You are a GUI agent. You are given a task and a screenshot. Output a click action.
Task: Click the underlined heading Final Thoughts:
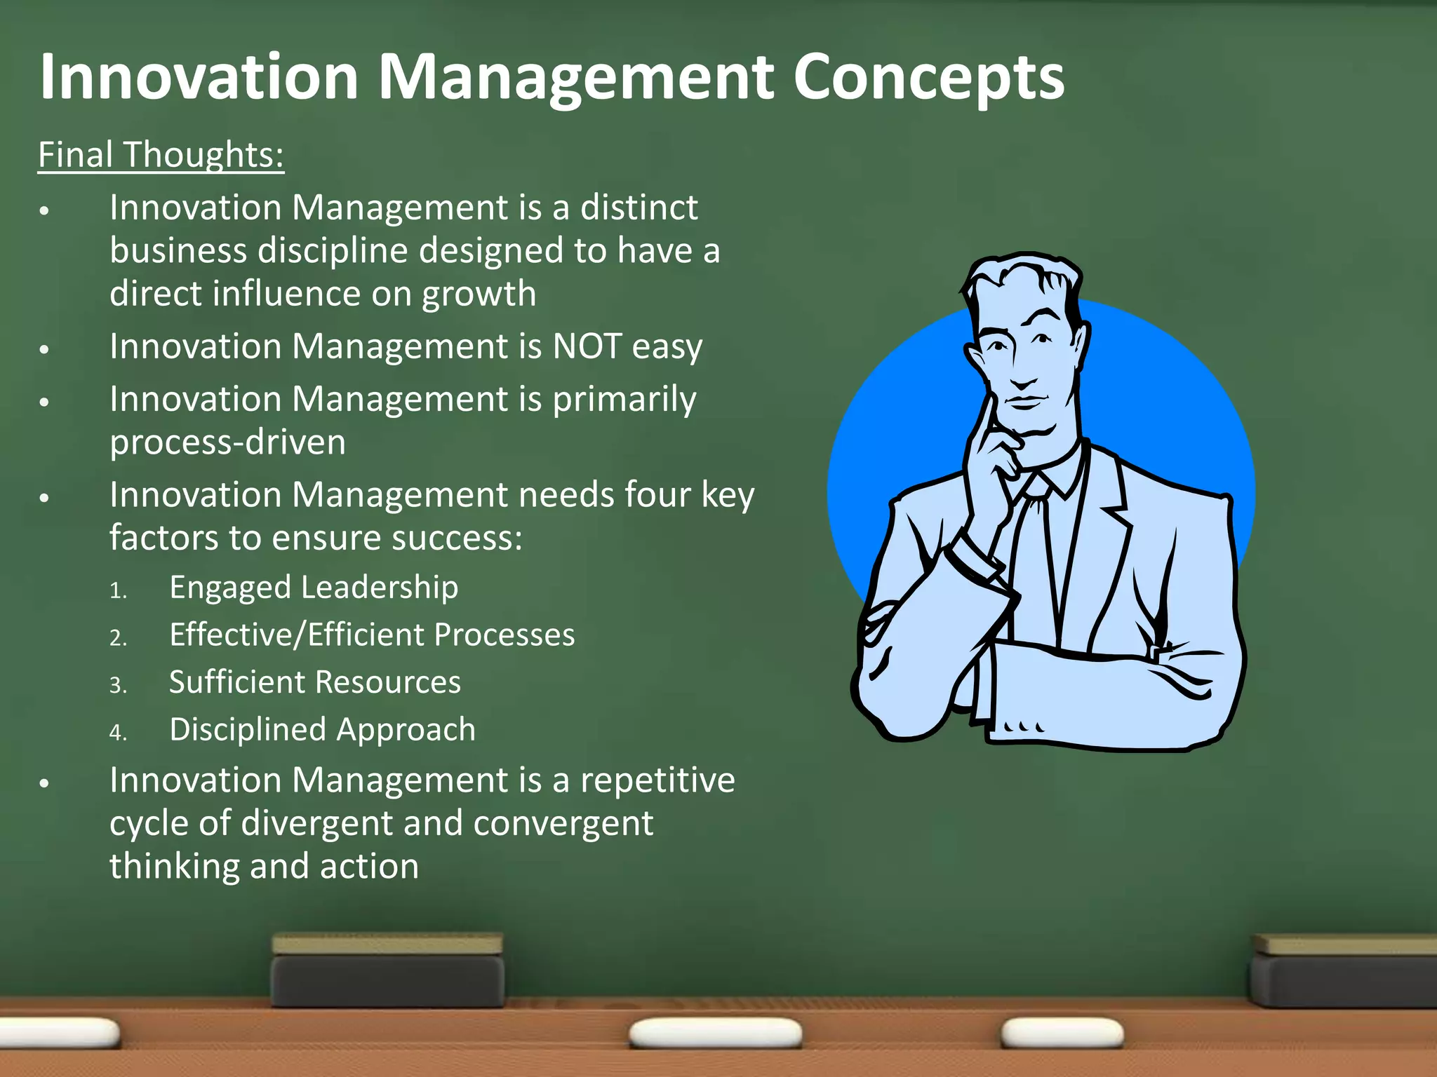[161, 155]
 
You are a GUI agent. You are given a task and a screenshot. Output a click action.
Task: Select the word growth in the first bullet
[479, 294]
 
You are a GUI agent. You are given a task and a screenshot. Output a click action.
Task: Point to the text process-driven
[228, 442]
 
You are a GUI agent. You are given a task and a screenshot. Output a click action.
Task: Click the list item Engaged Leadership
[314, 588]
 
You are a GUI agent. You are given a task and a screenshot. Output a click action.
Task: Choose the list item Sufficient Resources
[315, 682]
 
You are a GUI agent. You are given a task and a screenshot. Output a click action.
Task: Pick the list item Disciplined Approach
[322, 730]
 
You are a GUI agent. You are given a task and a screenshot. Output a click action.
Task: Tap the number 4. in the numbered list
[118, 733]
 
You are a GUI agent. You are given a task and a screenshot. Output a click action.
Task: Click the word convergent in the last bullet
[563, 823]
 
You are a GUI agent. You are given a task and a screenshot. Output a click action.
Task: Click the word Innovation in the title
[199, 77]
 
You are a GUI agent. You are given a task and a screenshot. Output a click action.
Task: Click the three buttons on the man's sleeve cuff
[1024, 727]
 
